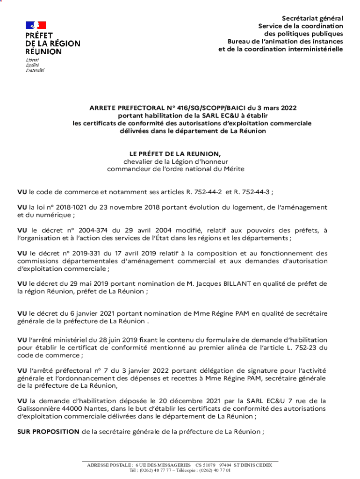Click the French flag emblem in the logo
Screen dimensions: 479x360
pos(36,25)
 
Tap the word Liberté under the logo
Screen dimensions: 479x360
pos(32,60)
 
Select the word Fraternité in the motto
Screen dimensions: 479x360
pos(35,70)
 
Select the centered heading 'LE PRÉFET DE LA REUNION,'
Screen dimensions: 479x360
pos(175,153)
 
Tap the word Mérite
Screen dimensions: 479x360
pos(232,169)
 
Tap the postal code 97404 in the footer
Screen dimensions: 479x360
pos(225,465)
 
